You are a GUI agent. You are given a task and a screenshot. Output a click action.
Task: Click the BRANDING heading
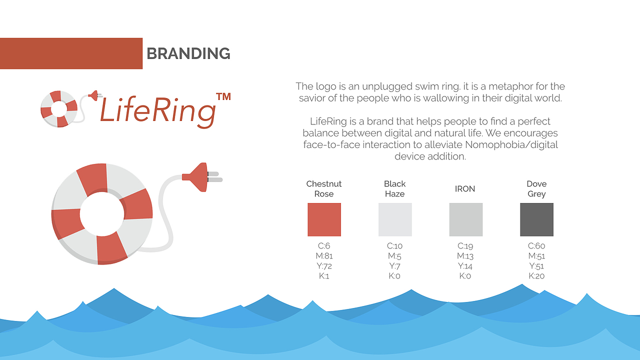[188, 53]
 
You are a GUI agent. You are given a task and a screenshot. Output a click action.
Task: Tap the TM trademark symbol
[223, 96]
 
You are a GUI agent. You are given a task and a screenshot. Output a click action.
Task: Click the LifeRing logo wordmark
[157, 110]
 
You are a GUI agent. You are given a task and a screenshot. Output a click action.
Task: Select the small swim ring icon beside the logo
[58, 108]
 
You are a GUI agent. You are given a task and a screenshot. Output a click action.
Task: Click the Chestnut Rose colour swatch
[324, 219]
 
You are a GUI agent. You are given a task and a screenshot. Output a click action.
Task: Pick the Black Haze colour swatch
[395, 219]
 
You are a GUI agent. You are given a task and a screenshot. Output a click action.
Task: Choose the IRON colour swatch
[466, 219]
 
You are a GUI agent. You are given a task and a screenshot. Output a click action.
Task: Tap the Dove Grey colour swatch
[536, 219]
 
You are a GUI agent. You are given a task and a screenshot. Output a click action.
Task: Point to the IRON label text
[465, 189]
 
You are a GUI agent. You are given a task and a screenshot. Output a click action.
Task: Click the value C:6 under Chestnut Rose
[324, 246]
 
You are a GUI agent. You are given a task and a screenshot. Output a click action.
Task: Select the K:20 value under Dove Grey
[536, 276]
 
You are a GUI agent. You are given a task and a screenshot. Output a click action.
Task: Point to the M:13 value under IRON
[465, 256]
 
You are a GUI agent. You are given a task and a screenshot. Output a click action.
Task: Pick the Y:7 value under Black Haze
[394, 266]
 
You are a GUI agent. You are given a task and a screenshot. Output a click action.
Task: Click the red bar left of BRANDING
[71, 53]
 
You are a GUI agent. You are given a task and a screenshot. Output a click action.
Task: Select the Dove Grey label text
[536, 189]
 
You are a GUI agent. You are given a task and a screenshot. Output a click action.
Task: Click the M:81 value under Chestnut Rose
[324, 256]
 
